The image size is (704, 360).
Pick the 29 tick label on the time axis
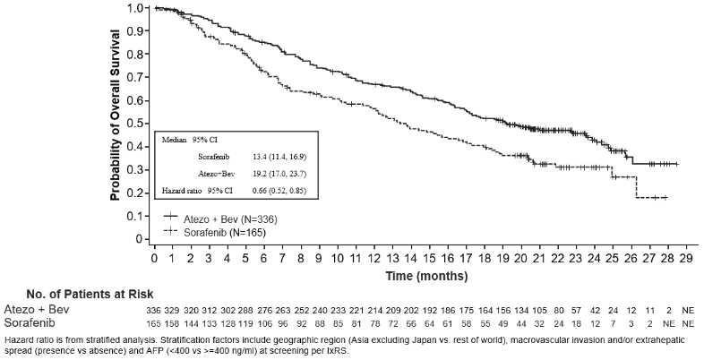point(685,259)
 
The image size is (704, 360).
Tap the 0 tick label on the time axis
point(154,259)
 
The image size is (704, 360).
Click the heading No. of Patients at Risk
point(90,295)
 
